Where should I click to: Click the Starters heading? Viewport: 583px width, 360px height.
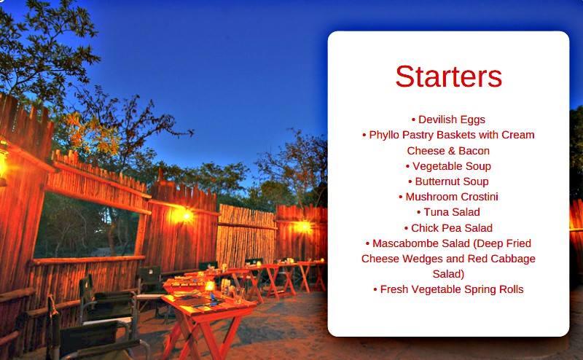pos(448,77)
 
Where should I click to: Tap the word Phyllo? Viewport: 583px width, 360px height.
pos(384,135)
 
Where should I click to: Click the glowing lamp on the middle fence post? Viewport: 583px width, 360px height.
pos(186,216)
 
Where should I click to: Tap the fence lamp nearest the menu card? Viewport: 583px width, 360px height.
pos(305,226)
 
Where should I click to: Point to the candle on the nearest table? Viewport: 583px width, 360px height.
pos(210,286)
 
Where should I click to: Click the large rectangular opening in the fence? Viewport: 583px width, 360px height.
pos(87,226)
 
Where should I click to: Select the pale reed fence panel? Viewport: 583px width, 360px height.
pos(246,235)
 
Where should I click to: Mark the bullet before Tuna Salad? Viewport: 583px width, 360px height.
pos(418,212)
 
